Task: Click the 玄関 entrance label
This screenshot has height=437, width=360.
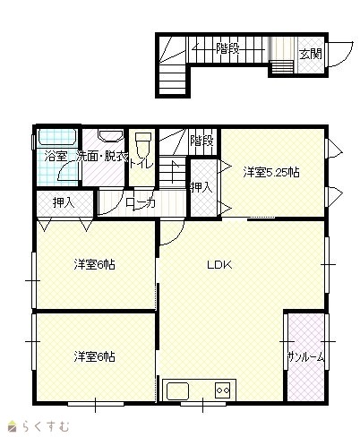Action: (x=311, y=54)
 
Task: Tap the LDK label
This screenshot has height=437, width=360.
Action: (x=219, y=264)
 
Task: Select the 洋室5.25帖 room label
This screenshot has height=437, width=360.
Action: (x=271, y=173)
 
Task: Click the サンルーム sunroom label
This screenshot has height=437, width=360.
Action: (x=305, y=357)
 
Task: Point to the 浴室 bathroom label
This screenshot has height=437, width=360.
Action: (x=56, y=157)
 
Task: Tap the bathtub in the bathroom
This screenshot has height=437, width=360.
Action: (x=56, y=138)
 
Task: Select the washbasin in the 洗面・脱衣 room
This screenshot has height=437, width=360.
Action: (x=111, y=135)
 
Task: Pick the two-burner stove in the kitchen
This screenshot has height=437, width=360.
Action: (x=222, y=390)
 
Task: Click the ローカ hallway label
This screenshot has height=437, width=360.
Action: (x=141, y=204)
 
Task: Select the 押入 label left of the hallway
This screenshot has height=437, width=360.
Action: (x=64, y=203)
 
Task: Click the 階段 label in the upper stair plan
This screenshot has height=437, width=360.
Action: (x=227, y=48)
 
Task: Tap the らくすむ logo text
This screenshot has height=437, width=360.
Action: (x=45, y=426)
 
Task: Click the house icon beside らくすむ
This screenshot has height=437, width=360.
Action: (x=13, y=426)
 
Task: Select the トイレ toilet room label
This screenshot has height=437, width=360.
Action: (x=141, y=164)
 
